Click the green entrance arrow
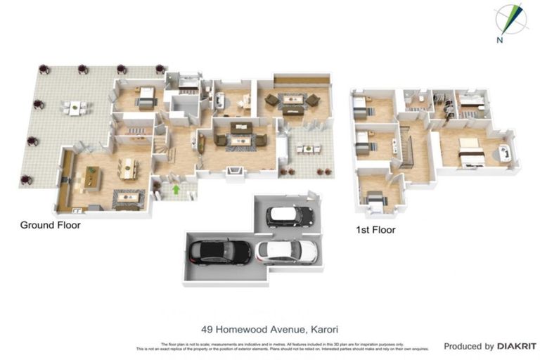pyautogui.click(x=175, y=188)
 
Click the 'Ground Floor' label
pyautogui.click(x=50, y=226)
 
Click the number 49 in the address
pyautogui.click(x=206, y=329)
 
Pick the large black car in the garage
pyautogui.click(x=219, y=251)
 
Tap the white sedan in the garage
pyautogui.click(x=286, y=250)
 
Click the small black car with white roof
pyautogui.click(x=289, y=215)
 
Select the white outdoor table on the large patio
pyautogui.click(x=75, y=108)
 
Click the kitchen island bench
pyautogui.click(x=91, y=178)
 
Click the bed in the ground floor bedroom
pyautogui.click(x=146, y=98)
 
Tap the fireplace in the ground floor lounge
pyautogui.click(x=238, y=170)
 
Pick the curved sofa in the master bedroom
pyautogui.click(x=504, y=153)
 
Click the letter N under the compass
pyautogui.click(x=499, y=40)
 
